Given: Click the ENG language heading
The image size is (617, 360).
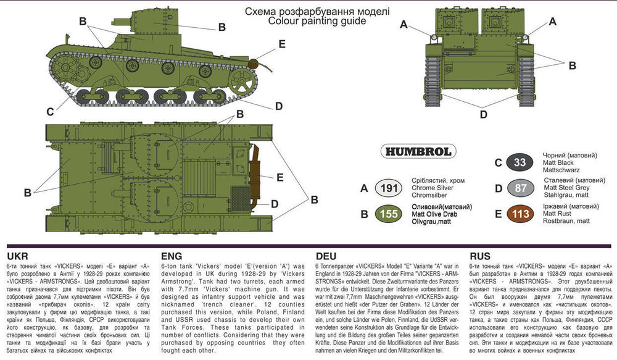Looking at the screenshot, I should (172, 256).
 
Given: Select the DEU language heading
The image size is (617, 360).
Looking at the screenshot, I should (327, 256).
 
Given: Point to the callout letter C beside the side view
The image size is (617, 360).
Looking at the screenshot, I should (49, 112).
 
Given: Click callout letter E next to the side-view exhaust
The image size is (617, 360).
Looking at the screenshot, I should (282, 44).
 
